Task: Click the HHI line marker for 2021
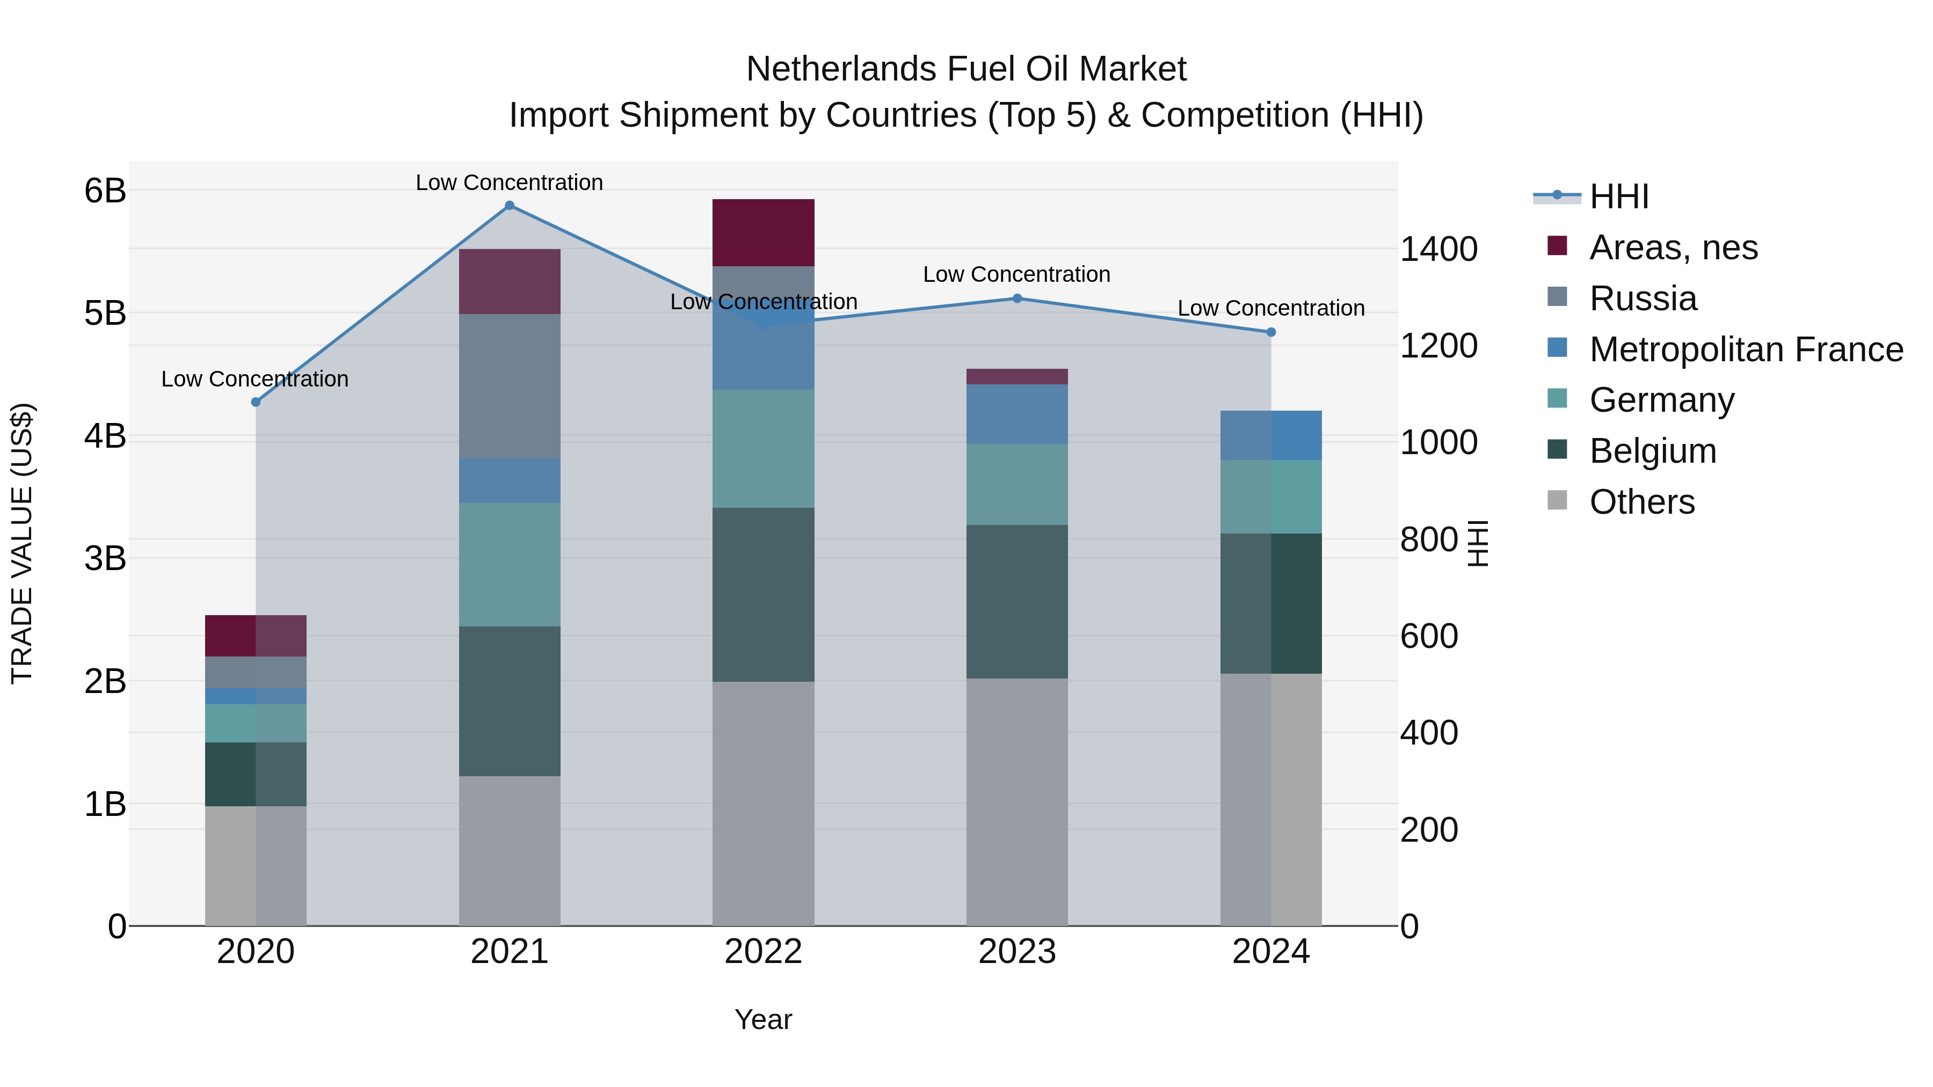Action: click(510, 206)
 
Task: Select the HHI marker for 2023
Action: click(1018, 298)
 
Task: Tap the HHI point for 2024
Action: click(1271, 332)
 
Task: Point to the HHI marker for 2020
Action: click(256, 402)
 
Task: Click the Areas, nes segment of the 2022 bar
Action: click(763, 232)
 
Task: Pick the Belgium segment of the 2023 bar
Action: click(1017, 602)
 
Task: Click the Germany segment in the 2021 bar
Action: click(510, 564)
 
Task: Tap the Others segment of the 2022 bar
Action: click(763, 803)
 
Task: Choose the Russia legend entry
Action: click(1643, 298)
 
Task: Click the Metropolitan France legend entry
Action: click(1746, 349)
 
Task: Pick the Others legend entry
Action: click(1642, 502)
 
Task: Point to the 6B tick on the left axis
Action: click(105, 191)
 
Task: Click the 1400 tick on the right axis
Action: click(1438, 249)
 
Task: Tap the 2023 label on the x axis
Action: click(1017, 952)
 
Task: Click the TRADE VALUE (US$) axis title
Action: click(22, 543)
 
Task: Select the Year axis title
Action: click(763, 1019)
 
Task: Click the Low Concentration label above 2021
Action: click(510, 183)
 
